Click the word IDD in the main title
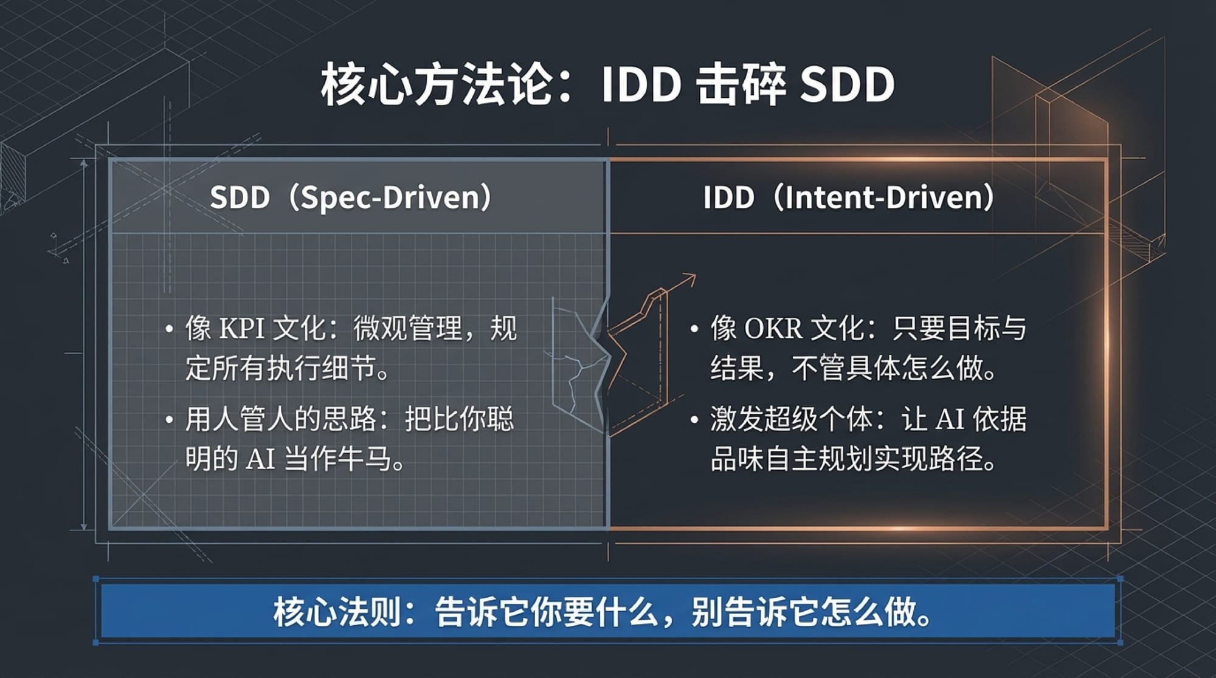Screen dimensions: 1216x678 [x=641, y=84]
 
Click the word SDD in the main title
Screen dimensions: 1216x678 [x=847, y=84]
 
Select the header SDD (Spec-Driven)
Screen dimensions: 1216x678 [x=351, y=197]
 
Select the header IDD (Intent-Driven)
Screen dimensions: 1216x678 [x=849, y=197]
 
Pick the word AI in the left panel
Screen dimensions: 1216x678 [x=260, y=459]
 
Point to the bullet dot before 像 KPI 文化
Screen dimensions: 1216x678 [x=170, y=329]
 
